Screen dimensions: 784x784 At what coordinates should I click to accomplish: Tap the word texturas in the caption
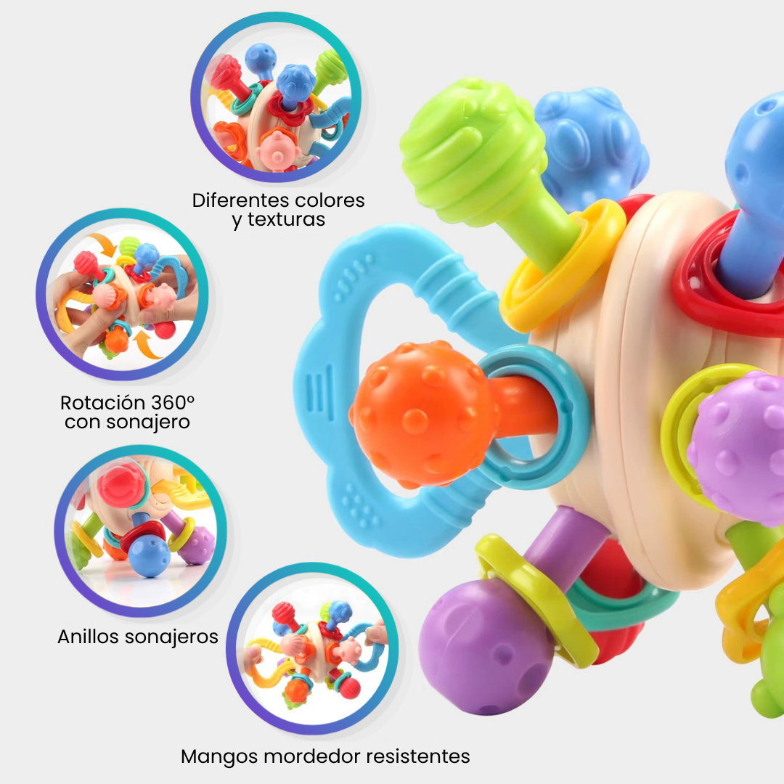click(x=287, y=219)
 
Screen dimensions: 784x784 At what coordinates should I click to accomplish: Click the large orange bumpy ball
click(x=424, y=415)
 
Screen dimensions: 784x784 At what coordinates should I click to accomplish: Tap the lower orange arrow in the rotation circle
click(x=147, y=345)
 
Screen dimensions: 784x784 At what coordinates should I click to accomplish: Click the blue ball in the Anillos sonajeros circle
click(x=149, y=556)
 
